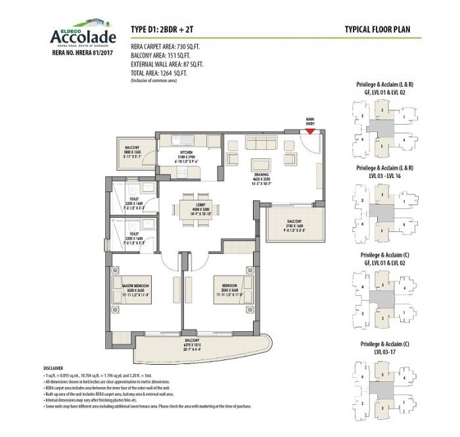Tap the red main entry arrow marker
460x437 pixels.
(x=310, y=131)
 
